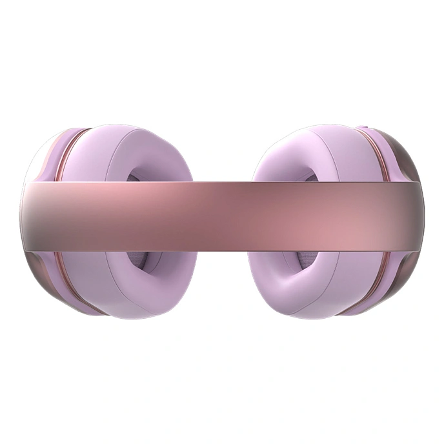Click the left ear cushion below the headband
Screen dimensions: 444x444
click(152, 284)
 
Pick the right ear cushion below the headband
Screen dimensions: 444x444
click(290, 284)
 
